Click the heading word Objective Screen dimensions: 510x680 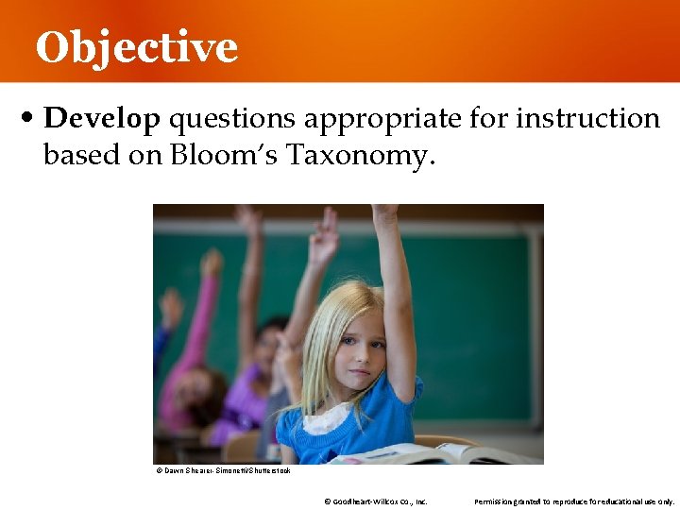[137, 47]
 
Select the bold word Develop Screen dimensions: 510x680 [102, 119]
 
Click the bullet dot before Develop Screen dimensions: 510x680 [29, 120]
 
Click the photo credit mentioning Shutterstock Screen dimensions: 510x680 [223, 469]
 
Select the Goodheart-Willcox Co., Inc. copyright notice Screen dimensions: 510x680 [375, 501]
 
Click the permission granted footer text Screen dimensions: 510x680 [573, 501]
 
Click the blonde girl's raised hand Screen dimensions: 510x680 [384, 214]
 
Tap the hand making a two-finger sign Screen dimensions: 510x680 [325, 236]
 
